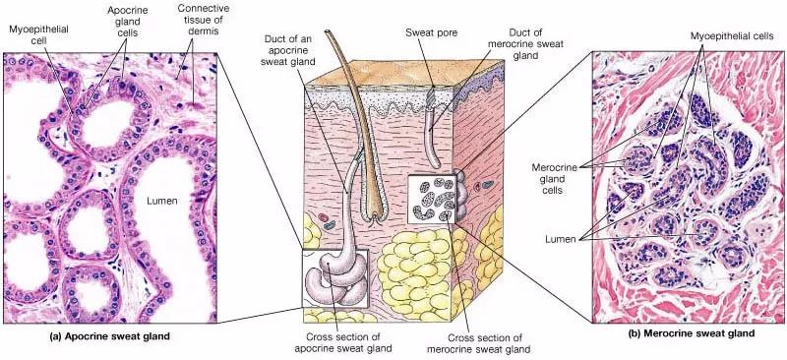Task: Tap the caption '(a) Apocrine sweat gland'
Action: (110, 337)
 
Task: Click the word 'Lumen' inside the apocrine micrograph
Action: (162, 201)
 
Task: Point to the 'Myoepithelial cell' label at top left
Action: (38, 34)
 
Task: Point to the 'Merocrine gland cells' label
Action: (555, 179)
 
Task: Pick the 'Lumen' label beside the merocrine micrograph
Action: (561, 239)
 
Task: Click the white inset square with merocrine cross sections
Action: (432, 199)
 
